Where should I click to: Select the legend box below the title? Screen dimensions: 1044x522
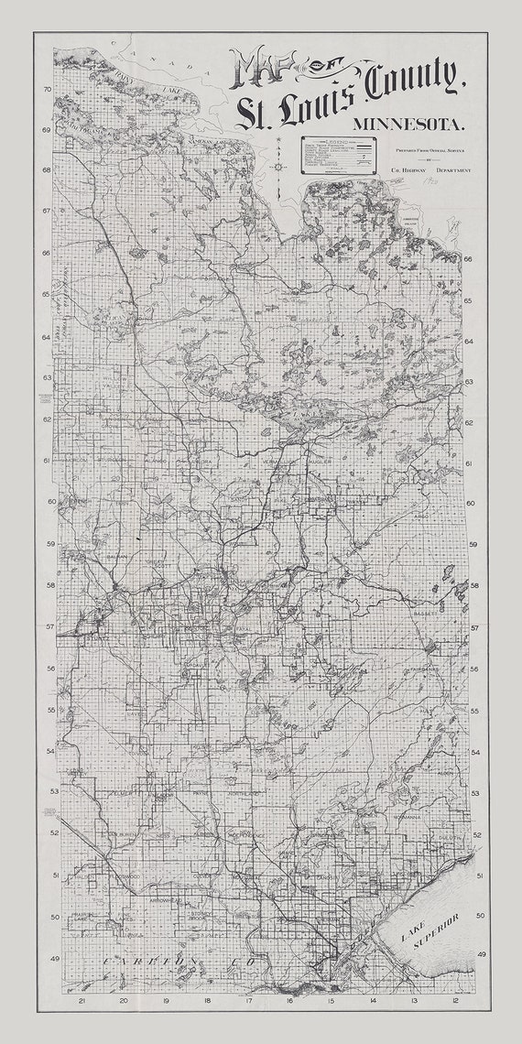(x=340, y=155)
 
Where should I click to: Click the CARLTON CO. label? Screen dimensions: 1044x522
(x=152, y=960)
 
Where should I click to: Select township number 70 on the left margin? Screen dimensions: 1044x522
(x=46, y=90)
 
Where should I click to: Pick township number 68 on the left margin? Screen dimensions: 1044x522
(x=46, y=169)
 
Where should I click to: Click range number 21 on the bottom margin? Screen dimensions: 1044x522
(x=82, y=1001)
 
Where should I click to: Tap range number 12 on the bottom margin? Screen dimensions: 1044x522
(x=455, y=1001)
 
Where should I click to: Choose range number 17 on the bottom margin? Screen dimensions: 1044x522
(x=248, y=1001)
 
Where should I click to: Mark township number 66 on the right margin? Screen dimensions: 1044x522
(x=467, y=259)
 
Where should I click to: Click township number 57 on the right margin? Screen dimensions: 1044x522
(x=474, y=628)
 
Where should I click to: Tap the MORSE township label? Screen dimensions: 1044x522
(x=427, y=409)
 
